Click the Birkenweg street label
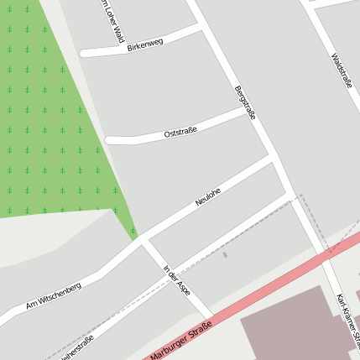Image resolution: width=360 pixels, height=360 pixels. pyautogui.click(x=145, y=44)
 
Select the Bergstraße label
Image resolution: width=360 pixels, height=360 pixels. pyautogui.click(x=245, y=102)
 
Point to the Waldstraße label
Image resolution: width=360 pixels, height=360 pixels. pyautogui.click(x=342, y=72)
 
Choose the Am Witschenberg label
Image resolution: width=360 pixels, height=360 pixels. pyautogui.click(x=53, y=295)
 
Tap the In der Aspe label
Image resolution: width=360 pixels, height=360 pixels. pyautogui.click(x=177, y=280)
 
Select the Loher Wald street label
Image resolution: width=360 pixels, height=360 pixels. pyautogui.click(x=112, y=22)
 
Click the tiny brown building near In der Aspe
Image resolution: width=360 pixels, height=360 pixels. pyautogui.click(x=225, y=253)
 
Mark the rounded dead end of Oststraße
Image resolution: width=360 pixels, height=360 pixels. pyautogui.click(x=108, y=140)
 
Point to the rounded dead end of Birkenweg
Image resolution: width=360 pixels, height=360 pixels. pyautogui.click(x=83, y=53)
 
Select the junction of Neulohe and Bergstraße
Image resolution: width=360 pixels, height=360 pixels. pyautogui.click(x=272, y=155)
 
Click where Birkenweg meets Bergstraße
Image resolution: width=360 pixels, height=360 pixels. pyautogui.click(x=201, y=27)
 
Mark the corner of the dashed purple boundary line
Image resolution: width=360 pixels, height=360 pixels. pyautogui.click(x=301, y=197)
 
